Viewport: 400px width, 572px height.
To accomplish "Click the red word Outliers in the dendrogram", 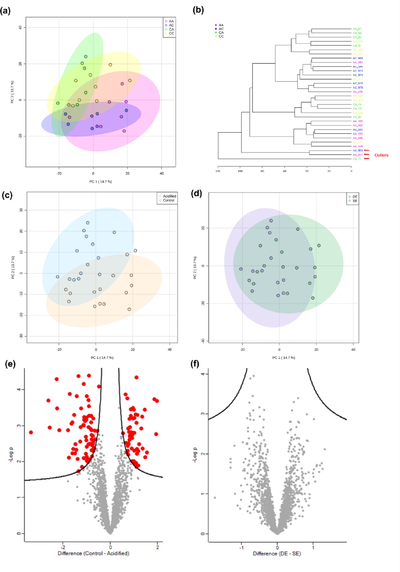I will [x=381, y=155].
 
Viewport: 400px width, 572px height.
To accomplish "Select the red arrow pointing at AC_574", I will [x=367, y=150].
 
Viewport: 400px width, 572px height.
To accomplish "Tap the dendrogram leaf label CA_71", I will [x=357, y=159].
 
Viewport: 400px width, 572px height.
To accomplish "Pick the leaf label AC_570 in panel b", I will [x=358, y=75].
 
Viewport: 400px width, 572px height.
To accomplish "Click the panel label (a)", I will [x=5, y=11].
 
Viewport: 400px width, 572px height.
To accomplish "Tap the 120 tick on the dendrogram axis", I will [x=218, y=171].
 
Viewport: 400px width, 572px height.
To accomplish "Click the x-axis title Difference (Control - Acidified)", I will [x=93, y=553].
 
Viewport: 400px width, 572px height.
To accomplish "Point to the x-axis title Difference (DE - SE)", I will [x=277, y=553].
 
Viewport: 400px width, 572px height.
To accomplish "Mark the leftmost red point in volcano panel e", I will [x=31, y=432].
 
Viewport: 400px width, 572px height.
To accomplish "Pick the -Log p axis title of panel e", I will [x=11, y=455].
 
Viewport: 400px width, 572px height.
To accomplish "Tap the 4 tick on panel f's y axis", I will [x=203, y=374].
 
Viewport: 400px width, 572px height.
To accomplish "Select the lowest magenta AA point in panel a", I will [x=124, y=131].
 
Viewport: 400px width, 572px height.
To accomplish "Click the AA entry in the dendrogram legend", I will [x=219, y=25].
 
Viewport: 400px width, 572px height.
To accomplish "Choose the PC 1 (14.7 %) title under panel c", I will [x=102, y=357].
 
